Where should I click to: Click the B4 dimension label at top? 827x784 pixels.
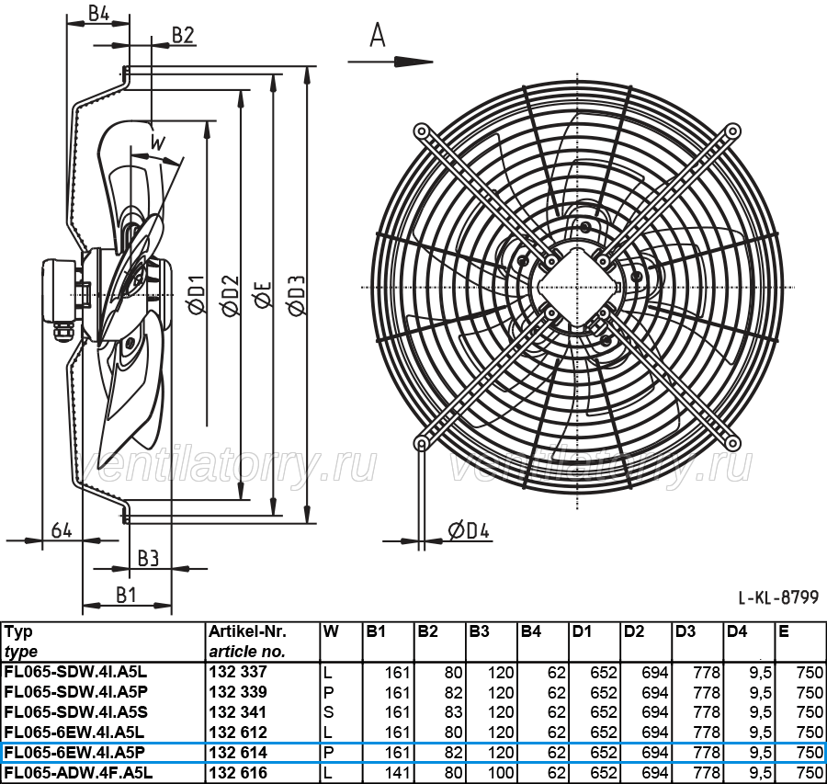click(x=98, y=13)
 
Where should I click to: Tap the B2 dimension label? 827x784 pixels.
click(x=184, y=35)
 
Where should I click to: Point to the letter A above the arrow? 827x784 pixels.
click(x=378, y=35)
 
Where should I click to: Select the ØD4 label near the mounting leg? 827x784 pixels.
click(x=469, y=530)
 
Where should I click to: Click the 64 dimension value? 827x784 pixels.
click(x=62, y=529)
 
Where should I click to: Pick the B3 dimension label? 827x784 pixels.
click(x=148, y=558)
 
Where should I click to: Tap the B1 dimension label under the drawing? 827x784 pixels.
click(x=127, y=595)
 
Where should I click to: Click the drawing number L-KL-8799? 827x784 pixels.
click(x=778, y=597)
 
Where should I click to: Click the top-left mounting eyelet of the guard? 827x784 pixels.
click(x=421, y=131)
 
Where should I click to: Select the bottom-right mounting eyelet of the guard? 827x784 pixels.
click(x=732, y=443)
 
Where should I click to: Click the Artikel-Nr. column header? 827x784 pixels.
click(x=247, y=631)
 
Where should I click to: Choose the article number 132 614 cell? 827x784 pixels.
click(x=238, y=753)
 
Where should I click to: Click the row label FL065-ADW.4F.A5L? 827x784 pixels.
click(x=79, y=773)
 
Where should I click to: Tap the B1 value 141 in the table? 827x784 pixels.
click(x=397, y=773)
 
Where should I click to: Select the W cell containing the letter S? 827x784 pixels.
click(x=329, y=712)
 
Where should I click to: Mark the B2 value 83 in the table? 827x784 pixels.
click(x=453, y=712)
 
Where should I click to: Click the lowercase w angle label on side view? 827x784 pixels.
click(x=158, y=142)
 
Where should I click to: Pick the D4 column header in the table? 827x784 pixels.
click(x=737, y=631)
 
